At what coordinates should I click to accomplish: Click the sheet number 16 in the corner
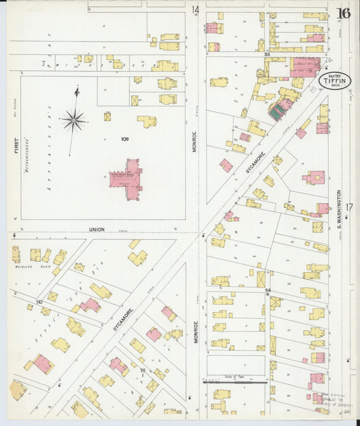[344, 13]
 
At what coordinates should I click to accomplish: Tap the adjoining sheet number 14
[195, 10]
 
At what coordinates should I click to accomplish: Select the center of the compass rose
[73, 121]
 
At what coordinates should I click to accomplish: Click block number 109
[124, 139]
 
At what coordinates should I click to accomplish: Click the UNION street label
[97, 230]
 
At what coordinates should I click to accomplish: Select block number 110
[38, 302]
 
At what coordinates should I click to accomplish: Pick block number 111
[143, 371]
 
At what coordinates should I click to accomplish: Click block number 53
[267, 53]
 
